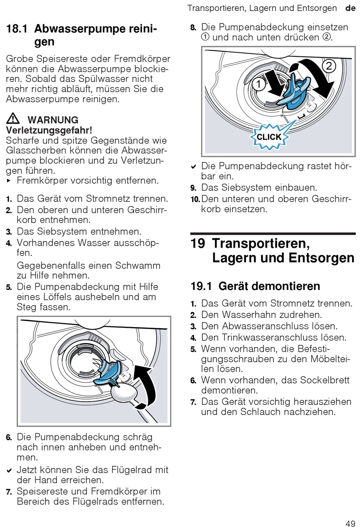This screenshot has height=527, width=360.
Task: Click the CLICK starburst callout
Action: coord(269,137)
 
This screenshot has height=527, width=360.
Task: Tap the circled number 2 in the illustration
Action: coord(329,67)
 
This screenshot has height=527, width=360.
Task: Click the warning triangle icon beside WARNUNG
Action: coord(13,119)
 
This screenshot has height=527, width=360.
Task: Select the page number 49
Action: coord(350,524)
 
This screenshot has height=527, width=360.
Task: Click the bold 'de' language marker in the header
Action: coord(350,8)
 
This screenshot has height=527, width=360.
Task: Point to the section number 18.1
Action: coord(17,29)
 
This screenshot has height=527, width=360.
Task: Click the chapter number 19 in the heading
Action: coord(198,243)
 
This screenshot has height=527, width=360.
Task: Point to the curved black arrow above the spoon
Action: coord(146,386)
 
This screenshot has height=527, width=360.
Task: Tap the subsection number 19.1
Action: coord(201,286)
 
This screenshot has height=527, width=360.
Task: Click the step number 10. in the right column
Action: coord(195,199)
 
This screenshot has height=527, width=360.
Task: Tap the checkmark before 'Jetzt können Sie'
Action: coord(9,471)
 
